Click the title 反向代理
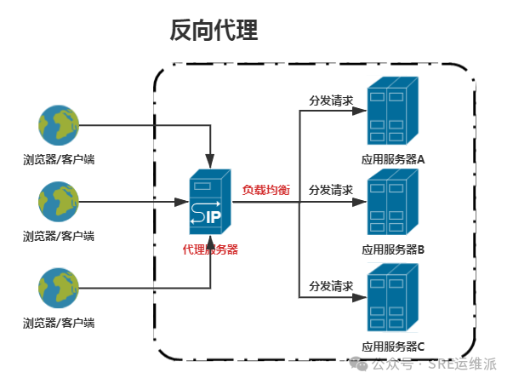tap(214, 32)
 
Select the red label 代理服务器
tap(210, 249)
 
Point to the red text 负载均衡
tap(266, 191)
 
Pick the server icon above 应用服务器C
tap(392, 300)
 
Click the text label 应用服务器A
tap(393, 158)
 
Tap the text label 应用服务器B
tap(393, 250)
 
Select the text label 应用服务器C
tap(393, 347)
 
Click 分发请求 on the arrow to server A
tap(331, 100)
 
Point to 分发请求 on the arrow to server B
tap(331, 189)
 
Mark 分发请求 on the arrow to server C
tap(331, 286)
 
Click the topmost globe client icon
tap(59, 126)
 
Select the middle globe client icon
tap(59, 203)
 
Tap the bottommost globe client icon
tap(59, 289)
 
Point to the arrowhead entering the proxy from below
tap(210, 240)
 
